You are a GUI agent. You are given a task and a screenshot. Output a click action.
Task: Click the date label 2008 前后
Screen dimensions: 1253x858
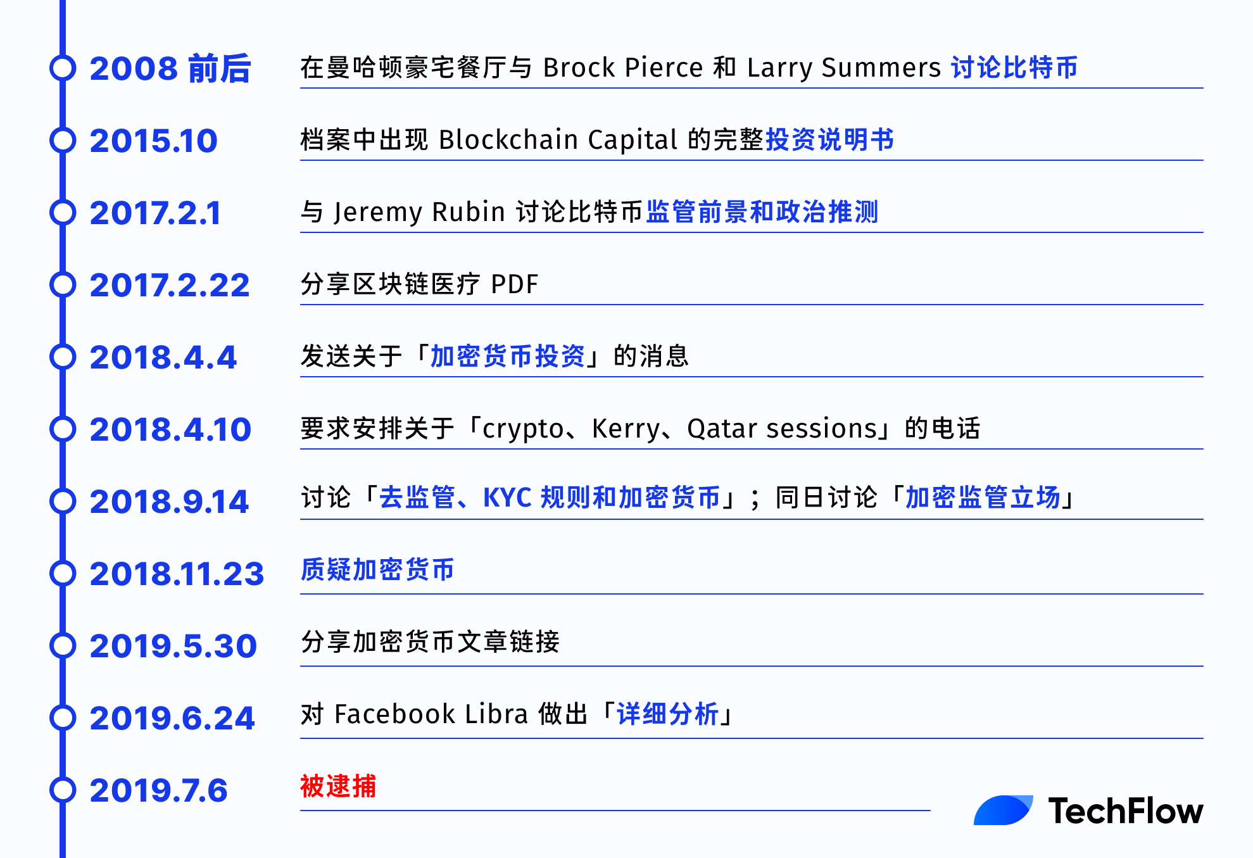(170, 68)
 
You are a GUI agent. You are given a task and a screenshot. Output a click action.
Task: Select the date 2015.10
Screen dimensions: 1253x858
(154, 141)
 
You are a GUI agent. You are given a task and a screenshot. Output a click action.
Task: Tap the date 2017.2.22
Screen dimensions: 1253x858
(170, 285)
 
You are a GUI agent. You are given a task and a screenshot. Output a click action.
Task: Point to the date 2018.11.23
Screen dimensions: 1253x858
(177, 574)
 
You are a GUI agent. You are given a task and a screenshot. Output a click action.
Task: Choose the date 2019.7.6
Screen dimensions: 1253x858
(158, 790)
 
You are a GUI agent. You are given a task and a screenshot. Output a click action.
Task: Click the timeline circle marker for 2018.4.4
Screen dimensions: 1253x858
(63, 357)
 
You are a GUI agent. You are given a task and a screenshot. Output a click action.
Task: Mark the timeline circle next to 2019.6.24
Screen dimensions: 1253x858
(63, 718)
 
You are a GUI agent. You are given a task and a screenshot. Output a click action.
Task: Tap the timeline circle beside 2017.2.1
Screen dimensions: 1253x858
(63, 213)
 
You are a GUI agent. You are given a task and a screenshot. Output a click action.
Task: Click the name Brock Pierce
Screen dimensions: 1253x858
(623, 68)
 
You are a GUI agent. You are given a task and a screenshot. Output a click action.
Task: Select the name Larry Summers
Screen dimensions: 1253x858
(844, 68)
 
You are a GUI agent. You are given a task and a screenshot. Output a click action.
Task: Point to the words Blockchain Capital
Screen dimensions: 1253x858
(558, 140)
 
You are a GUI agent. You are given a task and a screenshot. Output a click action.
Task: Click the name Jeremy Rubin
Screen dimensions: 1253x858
(419, 212)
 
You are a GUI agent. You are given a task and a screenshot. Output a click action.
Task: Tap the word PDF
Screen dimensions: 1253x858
(515, 284)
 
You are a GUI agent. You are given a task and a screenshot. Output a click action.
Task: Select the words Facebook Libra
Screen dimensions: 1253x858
(431, 714)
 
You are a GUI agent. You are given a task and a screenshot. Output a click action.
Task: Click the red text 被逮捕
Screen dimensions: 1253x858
(338, 786)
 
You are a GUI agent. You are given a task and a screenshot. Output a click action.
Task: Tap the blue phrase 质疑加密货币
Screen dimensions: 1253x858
(377, 570)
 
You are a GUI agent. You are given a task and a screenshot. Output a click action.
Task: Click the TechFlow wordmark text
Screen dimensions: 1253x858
(1126, 811)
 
